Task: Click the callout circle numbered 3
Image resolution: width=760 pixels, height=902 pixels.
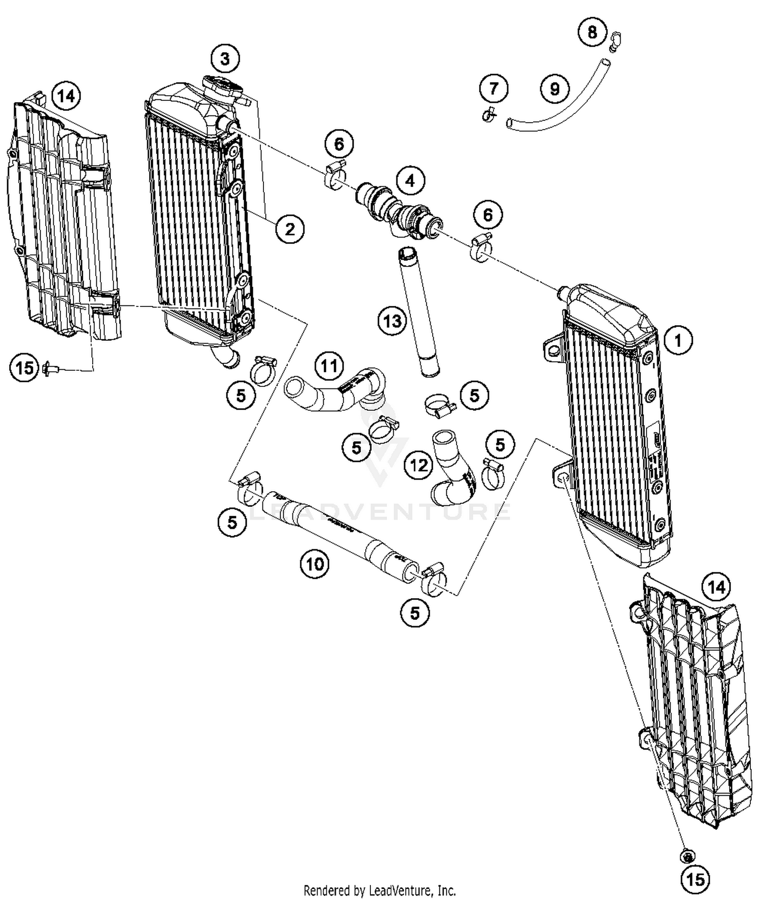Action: pyautogui.click(x=225, y=59)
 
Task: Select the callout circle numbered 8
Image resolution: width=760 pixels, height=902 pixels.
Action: pyautogui.click(x=592, y=32)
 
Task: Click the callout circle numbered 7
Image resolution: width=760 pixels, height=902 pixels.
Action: pyautogui.click(x=493, y=89)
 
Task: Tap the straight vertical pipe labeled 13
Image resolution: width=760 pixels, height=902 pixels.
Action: pyautogui.click(x=419, y=311)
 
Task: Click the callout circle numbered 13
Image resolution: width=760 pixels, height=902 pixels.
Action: pyautogui.click(x=392, y=321)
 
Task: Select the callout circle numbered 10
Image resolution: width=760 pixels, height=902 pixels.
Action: pyautogui.click(x=315, y=563)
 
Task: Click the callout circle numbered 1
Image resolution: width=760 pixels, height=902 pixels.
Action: pyautogui.click(x=678, y=340)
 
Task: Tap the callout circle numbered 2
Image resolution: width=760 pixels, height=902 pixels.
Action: pyautogui.click(x=290, y=229)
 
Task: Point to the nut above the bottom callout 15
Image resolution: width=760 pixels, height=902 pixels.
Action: pyautogui.click(x=687, y=856)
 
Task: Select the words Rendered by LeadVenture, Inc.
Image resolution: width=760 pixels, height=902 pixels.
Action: pyautogui.click(x=379, y=890)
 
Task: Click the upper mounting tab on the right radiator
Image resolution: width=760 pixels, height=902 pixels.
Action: pyautogui.click(x=553, y=348)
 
